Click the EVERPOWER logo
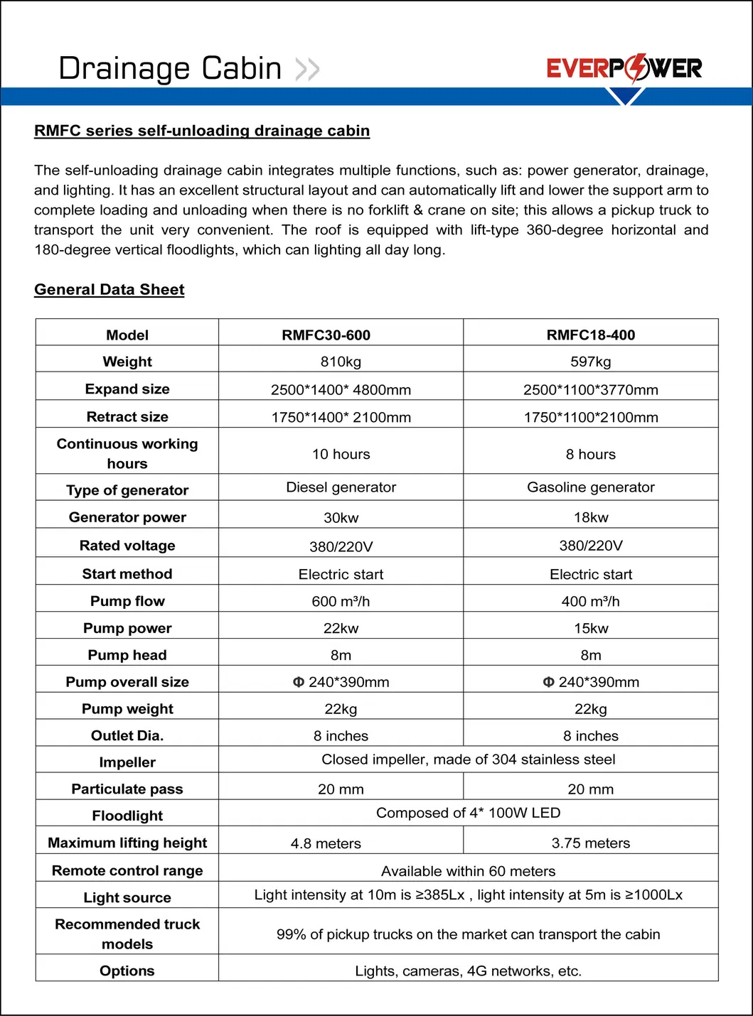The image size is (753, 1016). click(x=624, y=68)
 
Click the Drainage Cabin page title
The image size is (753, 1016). click(x=170, y=69)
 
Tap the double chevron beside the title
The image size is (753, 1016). click(x=307, y=70)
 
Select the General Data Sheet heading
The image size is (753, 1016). click(x=110, y=290)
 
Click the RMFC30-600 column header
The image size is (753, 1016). click(x=326, y=335)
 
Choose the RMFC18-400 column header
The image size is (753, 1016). click(x=590, y=335)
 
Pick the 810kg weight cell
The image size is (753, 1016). click(x=341, y=362)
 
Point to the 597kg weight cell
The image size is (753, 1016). click(x=590, y=362)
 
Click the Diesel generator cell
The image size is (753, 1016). click(x=341, y=487)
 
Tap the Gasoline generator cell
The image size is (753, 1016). click(x=590, y=487)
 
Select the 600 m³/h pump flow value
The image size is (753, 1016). click(x=341, y=602)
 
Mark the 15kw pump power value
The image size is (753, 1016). click(x=590, y=629)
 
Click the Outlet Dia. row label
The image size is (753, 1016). click(x=127, y=736)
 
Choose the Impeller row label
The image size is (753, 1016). click(x=127, y=763)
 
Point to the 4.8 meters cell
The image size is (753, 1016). click(x=326, y=844)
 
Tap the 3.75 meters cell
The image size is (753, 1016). click(x=590, y=843)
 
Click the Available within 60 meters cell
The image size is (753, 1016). click(x=468, y=872)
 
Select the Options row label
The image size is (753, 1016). click(x=127, y=971)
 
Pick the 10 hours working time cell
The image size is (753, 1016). click(x=341, y=455)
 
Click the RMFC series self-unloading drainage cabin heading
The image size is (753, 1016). click(x=202, y=131)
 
